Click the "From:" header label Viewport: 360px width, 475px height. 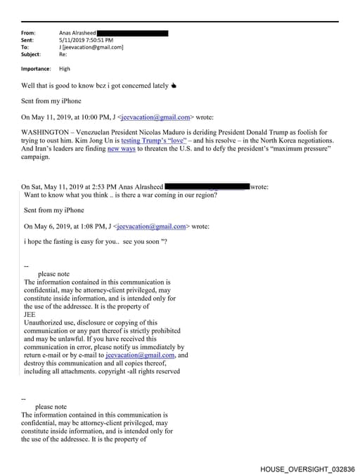pos(28,33)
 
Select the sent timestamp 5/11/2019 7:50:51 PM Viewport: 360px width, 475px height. pos(86,40)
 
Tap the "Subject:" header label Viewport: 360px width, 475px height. pos(31,54)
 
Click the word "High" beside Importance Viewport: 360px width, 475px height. pos(65,69)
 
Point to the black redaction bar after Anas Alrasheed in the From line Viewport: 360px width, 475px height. pos(132,33)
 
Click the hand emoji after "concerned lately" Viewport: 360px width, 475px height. pos(174,86)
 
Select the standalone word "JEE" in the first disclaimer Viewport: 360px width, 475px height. pos(30,315)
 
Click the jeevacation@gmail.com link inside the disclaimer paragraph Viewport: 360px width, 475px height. pos(140,355)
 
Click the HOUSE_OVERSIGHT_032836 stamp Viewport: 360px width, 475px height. pos(307,468)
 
